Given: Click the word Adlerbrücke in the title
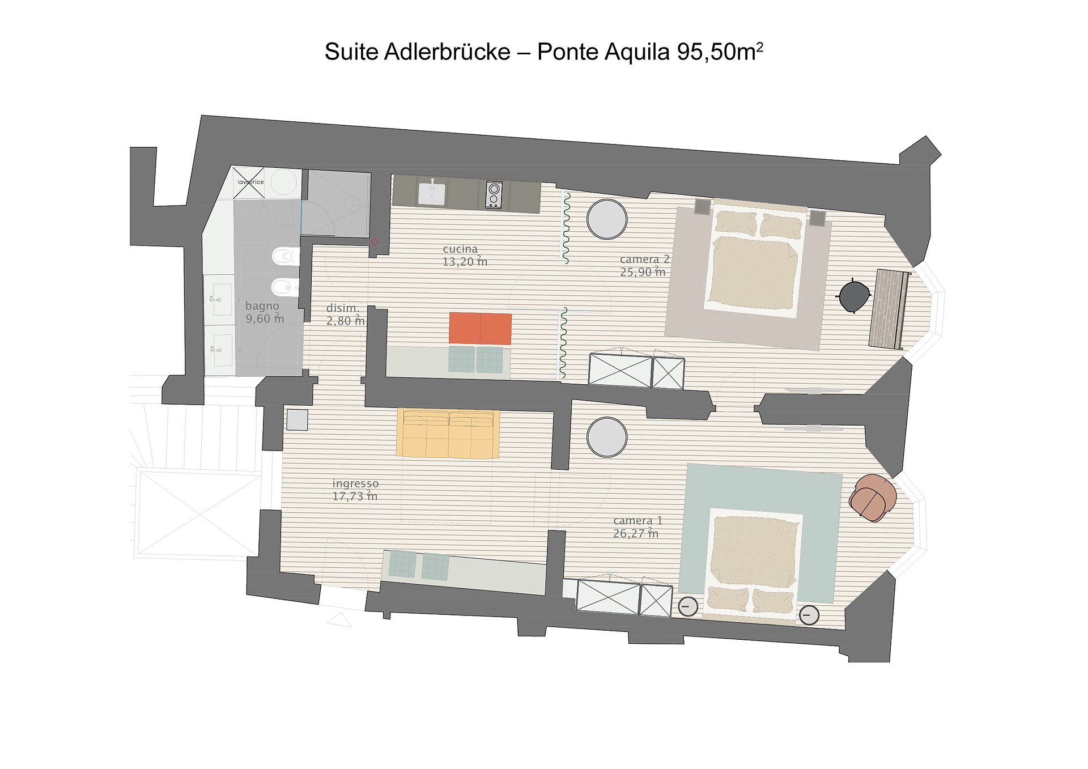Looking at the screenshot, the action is (447, 52).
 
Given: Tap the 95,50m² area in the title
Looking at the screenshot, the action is (720, 52).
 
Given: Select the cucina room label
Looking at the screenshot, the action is (460, 249).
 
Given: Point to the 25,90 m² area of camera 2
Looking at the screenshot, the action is (643, 271).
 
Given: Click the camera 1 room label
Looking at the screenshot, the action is (637, 520).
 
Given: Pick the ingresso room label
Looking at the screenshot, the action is (355, 483).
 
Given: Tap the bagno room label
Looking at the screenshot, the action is (262, 306).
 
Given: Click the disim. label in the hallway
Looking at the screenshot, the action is (342, 308).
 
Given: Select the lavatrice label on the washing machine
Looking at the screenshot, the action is (250, 182).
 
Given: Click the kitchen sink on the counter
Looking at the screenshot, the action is (432, 193).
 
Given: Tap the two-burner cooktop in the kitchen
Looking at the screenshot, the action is (494, 195).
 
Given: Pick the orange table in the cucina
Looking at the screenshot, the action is (480, 328).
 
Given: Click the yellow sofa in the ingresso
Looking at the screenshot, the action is (448, 434).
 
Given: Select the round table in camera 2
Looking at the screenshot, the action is (607, 219).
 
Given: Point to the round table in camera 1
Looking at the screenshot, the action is (607, 437).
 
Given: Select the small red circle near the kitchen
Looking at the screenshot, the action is (375, 242).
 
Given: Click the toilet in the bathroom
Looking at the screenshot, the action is (286, 257).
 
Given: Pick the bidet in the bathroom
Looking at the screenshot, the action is (286, 288).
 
